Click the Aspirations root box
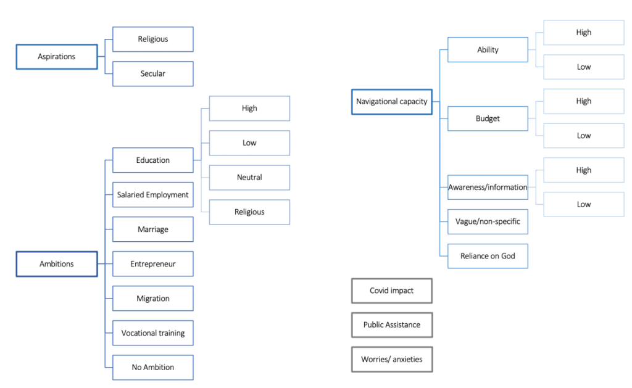click(57, 57)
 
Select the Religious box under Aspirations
click(153, 39)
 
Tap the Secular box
click(153, 74)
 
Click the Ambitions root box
click(57, 264)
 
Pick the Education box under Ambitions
click(153, 160)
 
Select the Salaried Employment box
click(153, 195)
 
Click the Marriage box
click(153, 229)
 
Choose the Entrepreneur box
click(153, 264)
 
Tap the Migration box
click(153, 299)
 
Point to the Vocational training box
click(153, 333)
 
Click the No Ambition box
click(153, 368)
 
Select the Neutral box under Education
click(249, 178)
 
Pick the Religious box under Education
click(249, 212)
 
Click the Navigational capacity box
click(391, 102)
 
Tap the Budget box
click(488, 118)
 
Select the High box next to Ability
click(584, 33)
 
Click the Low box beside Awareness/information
click(584, 205)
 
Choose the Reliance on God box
click(488, 256)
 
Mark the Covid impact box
click(391, 291)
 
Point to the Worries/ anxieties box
click(391, 360)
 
